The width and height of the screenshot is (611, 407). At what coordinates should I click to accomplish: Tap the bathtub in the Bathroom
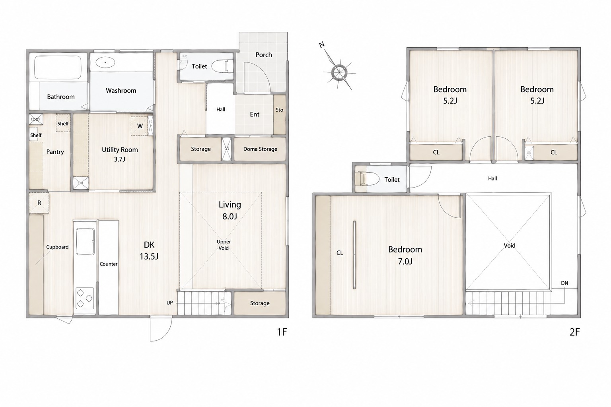point(58,68)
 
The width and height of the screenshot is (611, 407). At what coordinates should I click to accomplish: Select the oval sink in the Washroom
point(105,62)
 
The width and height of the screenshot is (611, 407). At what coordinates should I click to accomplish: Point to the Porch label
point(263,55)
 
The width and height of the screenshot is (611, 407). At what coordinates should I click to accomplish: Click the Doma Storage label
point(260,149)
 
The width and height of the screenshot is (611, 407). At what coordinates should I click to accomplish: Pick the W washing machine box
point(139,126)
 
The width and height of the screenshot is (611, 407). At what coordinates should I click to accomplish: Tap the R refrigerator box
point(39,203)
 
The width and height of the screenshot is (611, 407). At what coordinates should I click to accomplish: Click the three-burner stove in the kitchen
point(85,298)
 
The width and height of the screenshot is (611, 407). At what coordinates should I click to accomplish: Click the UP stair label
point(170,303)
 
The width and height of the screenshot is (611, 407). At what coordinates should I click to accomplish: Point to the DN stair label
point(564,283)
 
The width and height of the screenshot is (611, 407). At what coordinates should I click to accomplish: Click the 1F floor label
point(282,332)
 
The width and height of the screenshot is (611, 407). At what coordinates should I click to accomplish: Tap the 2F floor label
point(574,332)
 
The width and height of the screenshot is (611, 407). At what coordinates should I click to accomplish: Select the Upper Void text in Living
point(224,245)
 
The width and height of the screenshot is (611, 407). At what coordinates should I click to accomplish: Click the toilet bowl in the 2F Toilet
point(370,179)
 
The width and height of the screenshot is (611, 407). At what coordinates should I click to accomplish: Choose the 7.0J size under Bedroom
point(405,262)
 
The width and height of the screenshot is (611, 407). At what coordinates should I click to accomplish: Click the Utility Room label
point(120,150)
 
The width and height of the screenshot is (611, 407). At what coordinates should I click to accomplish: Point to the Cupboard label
point(57,247)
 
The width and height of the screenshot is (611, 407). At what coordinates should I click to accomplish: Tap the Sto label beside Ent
point(279,110)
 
